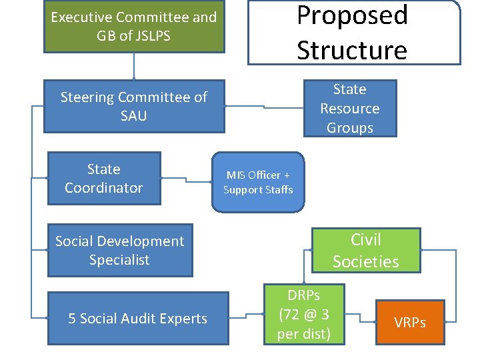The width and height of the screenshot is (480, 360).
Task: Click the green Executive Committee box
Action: pyautogui.click(x=134, y=27)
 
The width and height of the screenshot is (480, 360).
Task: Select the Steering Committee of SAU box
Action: pyautogui.click(x=134, y=107)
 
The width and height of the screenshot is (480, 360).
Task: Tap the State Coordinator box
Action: pyautogui.click(x=104, y=179)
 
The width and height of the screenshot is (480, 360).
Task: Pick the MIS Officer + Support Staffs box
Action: pyautogui.click(x=258, y=182)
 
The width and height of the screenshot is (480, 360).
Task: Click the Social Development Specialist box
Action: pyautogui.click(x=120, y=250)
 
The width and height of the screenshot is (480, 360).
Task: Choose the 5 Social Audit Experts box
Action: pyautogui.click(x=138, y=319)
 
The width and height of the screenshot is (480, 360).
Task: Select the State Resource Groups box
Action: pyautogui.click(x=350, y=108)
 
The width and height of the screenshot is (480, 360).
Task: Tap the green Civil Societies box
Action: pyautogui.click(x=366, y=250)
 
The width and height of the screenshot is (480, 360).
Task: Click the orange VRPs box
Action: pyautogui.click(x=409, y=323)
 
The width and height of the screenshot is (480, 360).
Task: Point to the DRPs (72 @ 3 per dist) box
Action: pyautogui.click(x=304, y=314)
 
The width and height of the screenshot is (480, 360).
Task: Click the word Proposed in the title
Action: pyautogui.click(x=352, y=15)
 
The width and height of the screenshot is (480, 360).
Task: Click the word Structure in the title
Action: pyautogui.click(x=352, y=50)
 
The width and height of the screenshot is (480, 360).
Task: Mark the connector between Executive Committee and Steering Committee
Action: pyautogui.click(x=134, y=67)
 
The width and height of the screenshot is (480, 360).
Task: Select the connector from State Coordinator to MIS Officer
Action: pyautogui.click(x=187, y=179)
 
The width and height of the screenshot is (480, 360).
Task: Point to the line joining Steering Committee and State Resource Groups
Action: pyautogui.click(x=265, y=107)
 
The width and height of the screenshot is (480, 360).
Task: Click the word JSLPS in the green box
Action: pyautogui.click(x=153, y=36)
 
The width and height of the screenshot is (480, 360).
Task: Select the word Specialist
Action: pyautogui.click(x=120, y=259)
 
